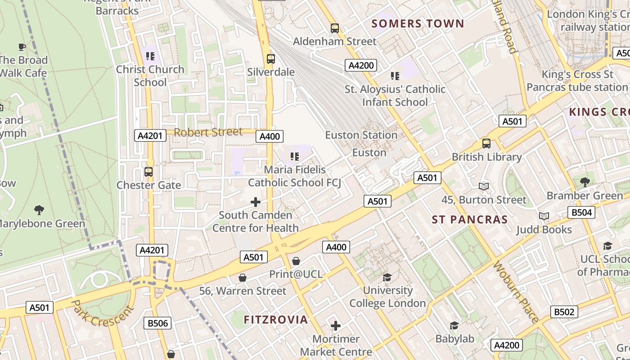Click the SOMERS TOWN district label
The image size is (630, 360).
point(418,23)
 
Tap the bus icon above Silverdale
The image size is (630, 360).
point(270,58)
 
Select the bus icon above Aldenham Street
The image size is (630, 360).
point(334,28)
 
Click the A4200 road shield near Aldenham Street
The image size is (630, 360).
point(361,66)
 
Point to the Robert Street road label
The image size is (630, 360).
point(208,132)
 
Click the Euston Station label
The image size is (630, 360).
point(361,135)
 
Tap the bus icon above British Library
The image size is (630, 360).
point(486,144)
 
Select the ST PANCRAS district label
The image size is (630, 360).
point(470,220)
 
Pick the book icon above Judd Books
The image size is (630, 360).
point(544,216)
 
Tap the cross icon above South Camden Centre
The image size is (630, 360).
point(256,202)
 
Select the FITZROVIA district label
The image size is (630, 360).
point(276,320)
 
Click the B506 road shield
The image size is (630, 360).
point(157,323)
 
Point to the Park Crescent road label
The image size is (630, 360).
point(103,314)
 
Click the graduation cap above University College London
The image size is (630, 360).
point(387,277)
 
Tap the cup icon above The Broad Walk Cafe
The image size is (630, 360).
point(22,47)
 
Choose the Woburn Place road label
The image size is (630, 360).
point(516,292)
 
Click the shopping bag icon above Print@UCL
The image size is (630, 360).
point(296,261)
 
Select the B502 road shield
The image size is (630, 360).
point(564,312)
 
